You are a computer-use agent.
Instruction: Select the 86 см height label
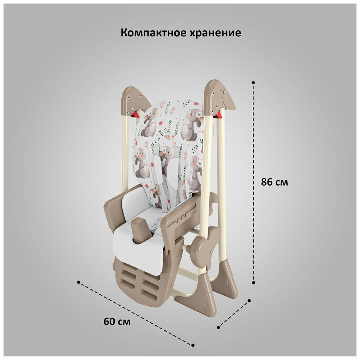tap(274, 182)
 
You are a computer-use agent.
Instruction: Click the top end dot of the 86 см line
tap(253, 83)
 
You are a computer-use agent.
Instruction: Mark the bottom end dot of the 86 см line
tap(253, 282)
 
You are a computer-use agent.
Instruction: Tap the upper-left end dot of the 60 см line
tap(78, 282)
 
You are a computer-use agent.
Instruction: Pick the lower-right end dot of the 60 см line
tap(193, 345)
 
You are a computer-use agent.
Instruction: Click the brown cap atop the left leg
tap(135, 101)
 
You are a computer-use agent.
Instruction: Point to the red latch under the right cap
tap(219, 114)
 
